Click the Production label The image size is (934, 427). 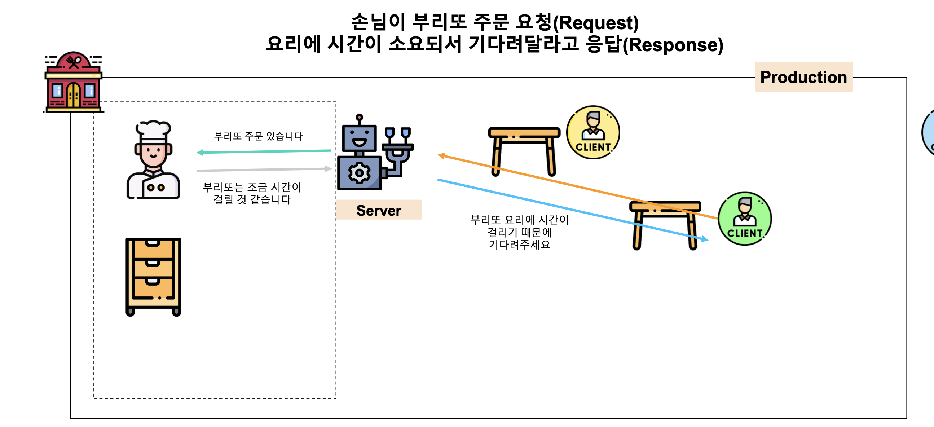coord(803,77)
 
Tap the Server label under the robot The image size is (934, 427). coord(379,210)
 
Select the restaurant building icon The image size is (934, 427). coord(74,83)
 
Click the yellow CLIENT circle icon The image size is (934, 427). coord(593,133)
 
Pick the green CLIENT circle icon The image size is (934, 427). coord(744,219)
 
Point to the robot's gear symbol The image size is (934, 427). coord(359,173)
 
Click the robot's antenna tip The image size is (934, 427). coord(359,118)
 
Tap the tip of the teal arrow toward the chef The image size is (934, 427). coord(199,153)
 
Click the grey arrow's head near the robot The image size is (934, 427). coord(329,168)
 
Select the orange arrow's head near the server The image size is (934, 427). coord(441,155)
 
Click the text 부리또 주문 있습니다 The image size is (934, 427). coord(258,136)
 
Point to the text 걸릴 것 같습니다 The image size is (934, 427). coord(252,200)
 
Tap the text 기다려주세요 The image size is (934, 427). coord(519,245)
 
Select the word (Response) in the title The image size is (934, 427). coord(673,45)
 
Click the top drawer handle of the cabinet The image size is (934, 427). coord(153,243)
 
